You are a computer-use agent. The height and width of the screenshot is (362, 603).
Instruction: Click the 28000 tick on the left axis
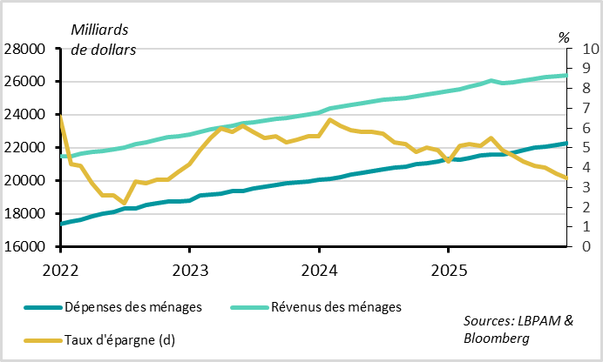[28, 49]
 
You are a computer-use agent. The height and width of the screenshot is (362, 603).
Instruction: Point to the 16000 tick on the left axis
[28, 247]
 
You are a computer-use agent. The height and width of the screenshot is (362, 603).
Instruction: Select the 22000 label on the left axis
[28, 148]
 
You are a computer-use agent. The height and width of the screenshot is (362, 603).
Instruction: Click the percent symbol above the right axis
[564, 37]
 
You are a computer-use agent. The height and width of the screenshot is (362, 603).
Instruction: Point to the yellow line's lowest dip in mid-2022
[125, 203]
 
